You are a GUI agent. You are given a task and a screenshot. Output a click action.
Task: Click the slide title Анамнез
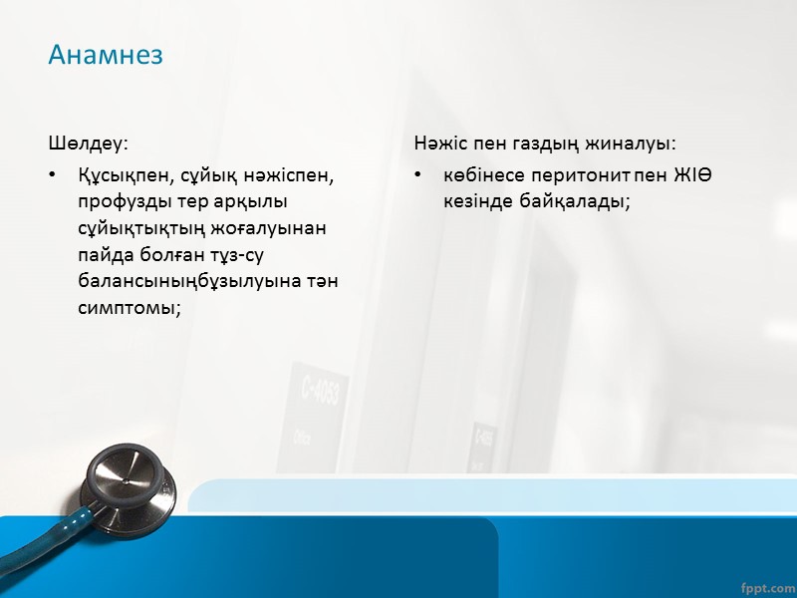(106, 55)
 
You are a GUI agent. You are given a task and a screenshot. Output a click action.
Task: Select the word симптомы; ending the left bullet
(129, 307)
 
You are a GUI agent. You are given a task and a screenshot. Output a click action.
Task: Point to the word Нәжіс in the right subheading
(439, 146)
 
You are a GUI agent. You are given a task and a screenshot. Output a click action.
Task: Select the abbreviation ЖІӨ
(691, 175)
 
